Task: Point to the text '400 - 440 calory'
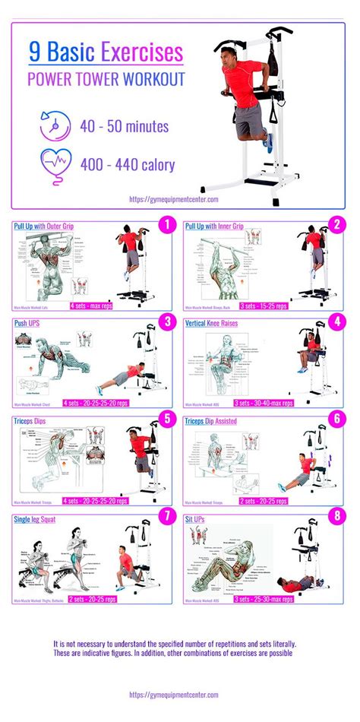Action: pos(125,164)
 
